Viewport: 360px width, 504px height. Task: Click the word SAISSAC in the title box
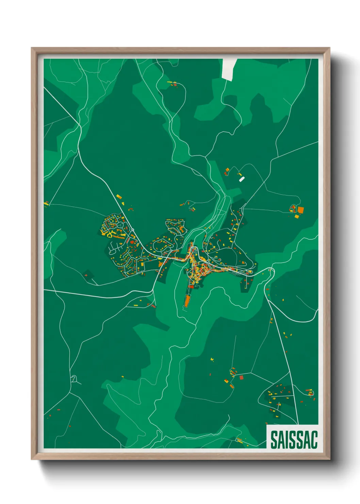(x=294, y=440)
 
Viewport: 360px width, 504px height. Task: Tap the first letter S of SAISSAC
(x=274, y=440)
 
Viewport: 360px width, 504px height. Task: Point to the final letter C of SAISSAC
(x=314, y=440)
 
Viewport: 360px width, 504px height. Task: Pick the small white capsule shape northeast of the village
(x=242, y=179)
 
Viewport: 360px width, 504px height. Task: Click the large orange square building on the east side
(x=300, y=210)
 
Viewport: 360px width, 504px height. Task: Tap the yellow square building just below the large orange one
(x=296, y=217)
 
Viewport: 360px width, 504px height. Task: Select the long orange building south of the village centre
(x=187, y=301)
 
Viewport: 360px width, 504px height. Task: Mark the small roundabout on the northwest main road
(x=132, y=230)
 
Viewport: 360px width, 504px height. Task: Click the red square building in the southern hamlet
(x=241, y=377)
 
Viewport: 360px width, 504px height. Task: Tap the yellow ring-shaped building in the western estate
(x=110, y=234)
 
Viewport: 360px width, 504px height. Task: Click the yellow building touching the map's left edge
(x=46, y=204)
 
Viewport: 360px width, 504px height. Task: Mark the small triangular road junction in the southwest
(x=73, y=379)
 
